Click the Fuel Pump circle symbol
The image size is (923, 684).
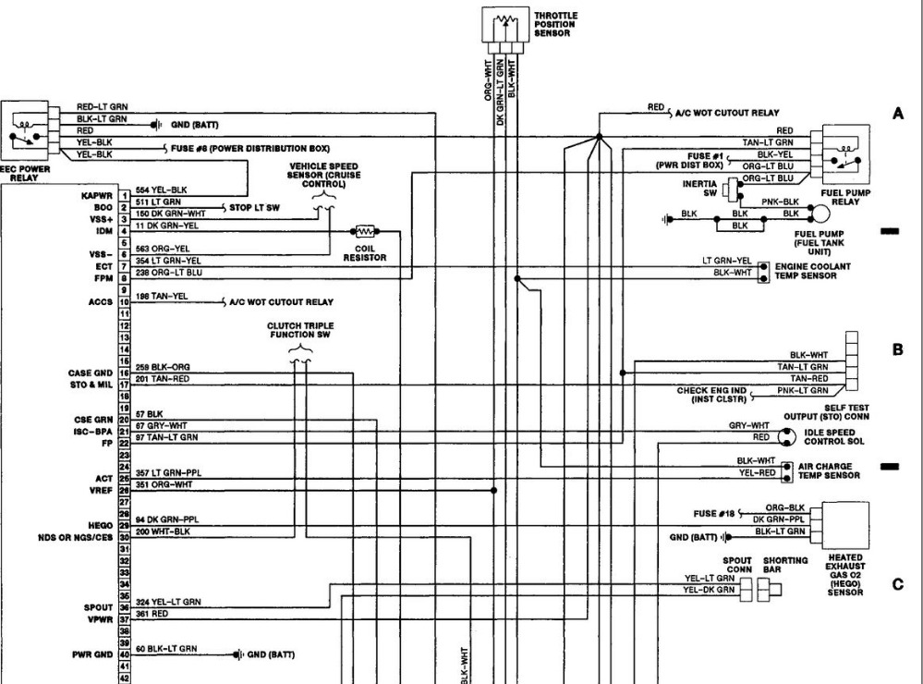tap(819, 214)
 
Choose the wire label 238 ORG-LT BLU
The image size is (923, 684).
tap(167, 273)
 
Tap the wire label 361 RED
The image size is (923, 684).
tap(152, 613)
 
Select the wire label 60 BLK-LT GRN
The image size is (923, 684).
tap(165, 649)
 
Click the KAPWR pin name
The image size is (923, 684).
tap(97, 196)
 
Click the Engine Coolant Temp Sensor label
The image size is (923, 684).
tap(814, 271)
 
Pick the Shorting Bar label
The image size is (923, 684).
tap(785, 565)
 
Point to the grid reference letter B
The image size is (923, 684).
tap(897, 350)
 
